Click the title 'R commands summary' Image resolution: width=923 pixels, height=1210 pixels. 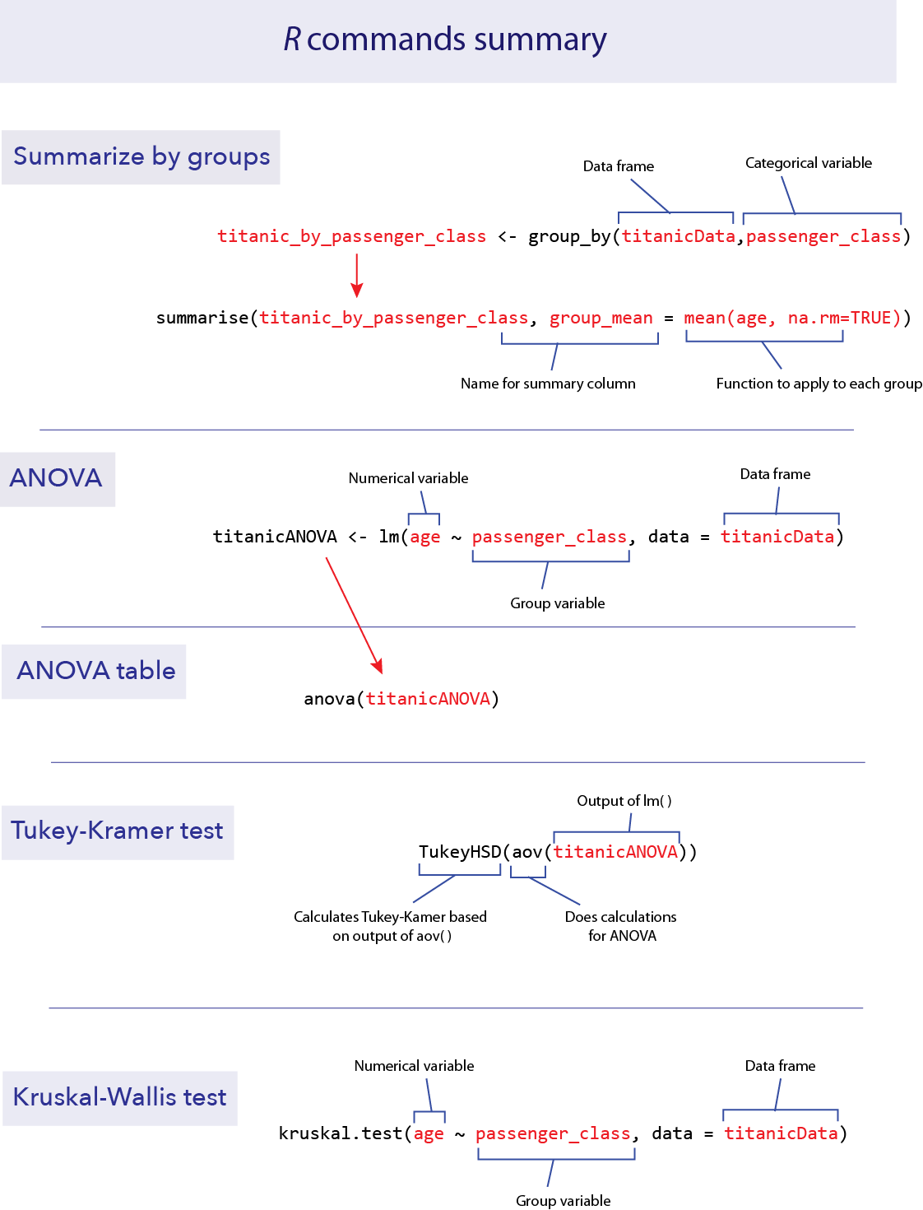click(x=445, y=40)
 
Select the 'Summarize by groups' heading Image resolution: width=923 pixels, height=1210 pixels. click(x=141, y=156)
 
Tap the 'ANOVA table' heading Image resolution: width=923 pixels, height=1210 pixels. click(x=96, y=671)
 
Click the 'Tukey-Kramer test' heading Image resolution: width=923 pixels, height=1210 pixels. click(x=117, y=831)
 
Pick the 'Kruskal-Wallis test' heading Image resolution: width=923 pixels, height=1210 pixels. click(x=120, y=1097)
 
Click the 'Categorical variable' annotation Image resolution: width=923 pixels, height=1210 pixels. click(x=808, y=163)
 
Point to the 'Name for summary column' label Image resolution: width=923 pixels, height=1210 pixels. click(x=548, y=384)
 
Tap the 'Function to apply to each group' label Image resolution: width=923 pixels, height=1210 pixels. click(x=819, y=384)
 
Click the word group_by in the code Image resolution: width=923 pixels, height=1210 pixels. click(x=569, y=237)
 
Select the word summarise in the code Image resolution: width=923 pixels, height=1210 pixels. click(x=202, y=319)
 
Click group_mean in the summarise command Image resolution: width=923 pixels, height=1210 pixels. click(x=601, y=319)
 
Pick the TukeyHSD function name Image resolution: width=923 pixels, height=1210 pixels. click(x=460, y=852)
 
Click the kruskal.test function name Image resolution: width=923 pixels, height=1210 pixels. click(x=341, y=1134)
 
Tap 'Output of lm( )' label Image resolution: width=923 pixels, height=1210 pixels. click(x=624, y=801)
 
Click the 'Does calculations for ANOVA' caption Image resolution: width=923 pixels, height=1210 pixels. click(x=621, y=926)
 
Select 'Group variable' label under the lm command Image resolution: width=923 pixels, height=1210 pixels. click(x=558, y=603)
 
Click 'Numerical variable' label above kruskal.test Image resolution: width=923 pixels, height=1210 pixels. click(x=414, y=1066)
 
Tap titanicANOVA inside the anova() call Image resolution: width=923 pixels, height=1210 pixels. click(x=428, y=700)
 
